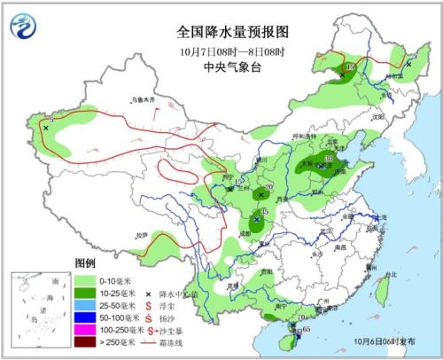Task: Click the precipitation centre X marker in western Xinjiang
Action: point(45,128)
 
